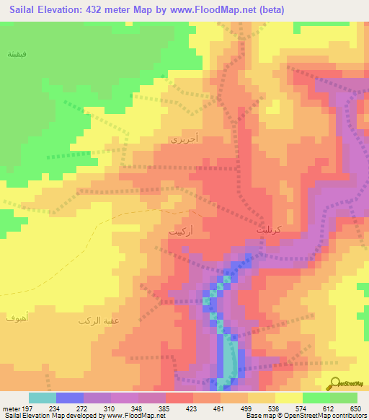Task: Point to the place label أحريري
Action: click(x=180, y=139)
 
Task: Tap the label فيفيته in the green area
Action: click(x=17, y=56)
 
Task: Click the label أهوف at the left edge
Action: click(x=16, y=318)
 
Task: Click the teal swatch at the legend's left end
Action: click(x=43, y=398)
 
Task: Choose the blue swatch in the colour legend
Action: click(x=70, y=398)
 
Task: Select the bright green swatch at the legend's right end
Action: click(x=344, y=398)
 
